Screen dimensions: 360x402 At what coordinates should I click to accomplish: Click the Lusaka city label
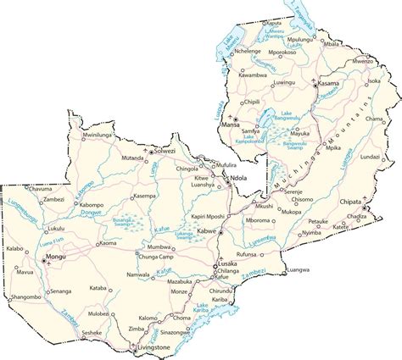pyautogui.click(x=226, y=263)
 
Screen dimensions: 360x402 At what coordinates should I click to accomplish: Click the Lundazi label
pyautogui.click(x=370, y=158)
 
